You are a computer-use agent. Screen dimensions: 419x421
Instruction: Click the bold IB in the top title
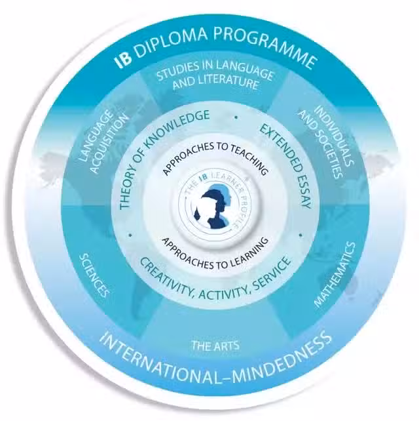pyautogui.click(x=123, y=60)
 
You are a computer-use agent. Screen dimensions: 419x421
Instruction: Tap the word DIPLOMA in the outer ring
pyautogui.click(x=171, y=41)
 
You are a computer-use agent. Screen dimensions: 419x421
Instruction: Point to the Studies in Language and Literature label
pyautogui.click(x=215, y=75)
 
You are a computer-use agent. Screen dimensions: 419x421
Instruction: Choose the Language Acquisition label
pyautogui.click(x=104, y=142)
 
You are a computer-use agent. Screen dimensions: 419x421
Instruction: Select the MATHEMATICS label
pyautogui.click(x=335, y=274)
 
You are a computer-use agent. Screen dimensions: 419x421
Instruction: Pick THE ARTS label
pyautogui.click(x=215, y=346)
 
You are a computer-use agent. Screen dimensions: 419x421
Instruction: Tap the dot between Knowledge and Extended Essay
pyautogui.click(x=236, y=117)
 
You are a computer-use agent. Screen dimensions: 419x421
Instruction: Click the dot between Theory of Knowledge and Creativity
pyautogui.click(x=130, y=235)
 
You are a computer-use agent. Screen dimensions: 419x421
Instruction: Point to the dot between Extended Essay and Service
pyautogui.click(x=301, y=235)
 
